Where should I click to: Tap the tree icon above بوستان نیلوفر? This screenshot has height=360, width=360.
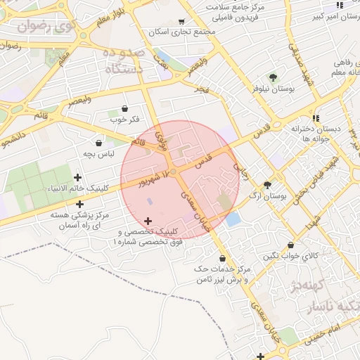273,77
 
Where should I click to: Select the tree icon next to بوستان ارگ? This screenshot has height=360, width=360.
266,184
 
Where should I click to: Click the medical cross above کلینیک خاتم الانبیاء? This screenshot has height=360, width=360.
78,178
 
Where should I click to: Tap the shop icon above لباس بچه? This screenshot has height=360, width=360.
99,143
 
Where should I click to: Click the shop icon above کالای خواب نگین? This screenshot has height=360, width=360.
290,245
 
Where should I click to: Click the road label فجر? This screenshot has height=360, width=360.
202,89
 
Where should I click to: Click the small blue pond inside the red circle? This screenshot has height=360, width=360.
233,219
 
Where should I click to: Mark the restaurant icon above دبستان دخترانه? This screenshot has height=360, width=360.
317,117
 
